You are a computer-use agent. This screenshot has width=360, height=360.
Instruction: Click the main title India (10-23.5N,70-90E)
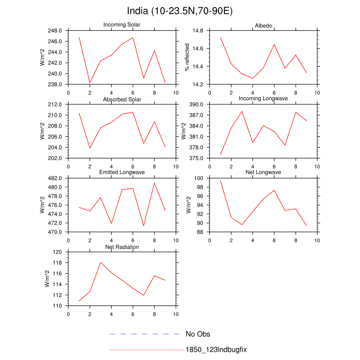point(179,11)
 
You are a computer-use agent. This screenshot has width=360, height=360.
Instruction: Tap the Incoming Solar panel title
point(122,25)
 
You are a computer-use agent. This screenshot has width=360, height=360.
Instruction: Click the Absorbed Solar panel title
point(122,99)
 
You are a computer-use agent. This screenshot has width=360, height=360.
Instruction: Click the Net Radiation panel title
point(122,247)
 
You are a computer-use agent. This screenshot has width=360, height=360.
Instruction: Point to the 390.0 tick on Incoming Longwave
point(198,104)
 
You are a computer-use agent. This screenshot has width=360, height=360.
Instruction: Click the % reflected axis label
point(187,58)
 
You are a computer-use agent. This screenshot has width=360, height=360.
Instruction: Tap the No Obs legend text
point(197,334)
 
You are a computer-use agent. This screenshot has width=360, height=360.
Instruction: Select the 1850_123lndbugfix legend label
point(217,350)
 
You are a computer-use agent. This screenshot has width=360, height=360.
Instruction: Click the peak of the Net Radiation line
point(101,262)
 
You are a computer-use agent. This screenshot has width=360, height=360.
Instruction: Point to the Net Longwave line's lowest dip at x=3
point(242,225)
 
